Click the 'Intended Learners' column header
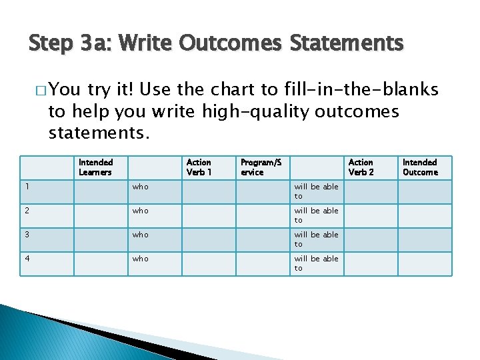95,167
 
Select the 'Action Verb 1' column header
199,167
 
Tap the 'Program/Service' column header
261,167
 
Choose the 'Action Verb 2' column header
361,167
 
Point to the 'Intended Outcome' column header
420,167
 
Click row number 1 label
25,187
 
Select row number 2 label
26,211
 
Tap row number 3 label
26,235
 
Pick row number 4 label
26,259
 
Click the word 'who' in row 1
140,187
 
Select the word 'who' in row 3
140,235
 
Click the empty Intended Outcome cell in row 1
425,192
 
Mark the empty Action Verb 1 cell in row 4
208,264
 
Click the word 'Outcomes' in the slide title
236,44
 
